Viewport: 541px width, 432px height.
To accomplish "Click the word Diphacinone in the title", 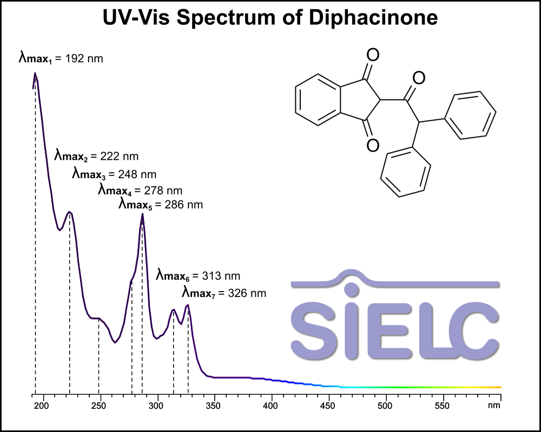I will click(x=374, y=18).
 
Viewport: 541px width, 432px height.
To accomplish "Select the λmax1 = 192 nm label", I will click(x=61, y=58).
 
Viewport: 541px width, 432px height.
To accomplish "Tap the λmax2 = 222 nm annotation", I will click(x=97, y=157).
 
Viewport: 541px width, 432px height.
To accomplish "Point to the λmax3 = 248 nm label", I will click(x=114, y=174).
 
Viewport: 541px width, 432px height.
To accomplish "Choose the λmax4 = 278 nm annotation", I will click(x=140, y=190).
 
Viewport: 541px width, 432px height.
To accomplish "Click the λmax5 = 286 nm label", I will click(x=161, y=204).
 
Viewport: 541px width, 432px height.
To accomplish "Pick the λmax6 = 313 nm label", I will click(x=198, y=275).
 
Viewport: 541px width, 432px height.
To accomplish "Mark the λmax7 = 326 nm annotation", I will click(x=224, y=293).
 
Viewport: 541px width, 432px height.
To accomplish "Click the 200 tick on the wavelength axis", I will click(x=42, y=405).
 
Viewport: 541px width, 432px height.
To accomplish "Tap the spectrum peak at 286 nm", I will click(x=142, y=214).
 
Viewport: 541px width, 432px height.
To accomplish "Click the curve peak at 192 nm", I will click(x=35, y=73).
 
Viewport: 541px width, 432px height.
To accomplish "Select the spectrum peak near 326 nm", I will click(x=188, y=305).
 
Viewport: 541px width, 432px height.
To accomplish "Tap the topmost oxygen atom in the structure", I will click(x=373, y=55).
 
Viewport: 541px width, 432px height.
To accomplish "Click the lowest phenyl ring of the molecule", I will click(x=406, y=173).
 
